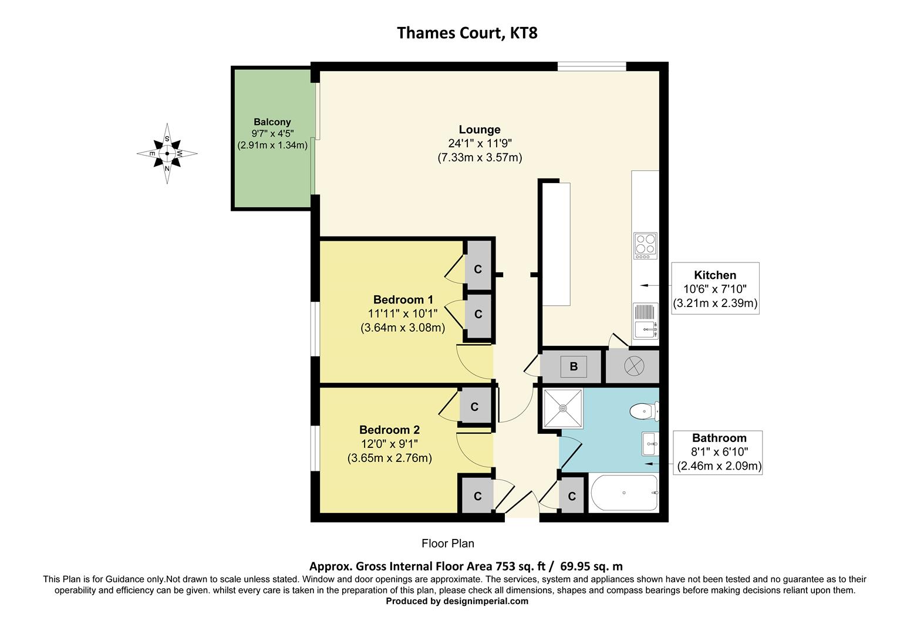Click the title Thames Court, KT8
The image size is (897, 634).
(467, 32)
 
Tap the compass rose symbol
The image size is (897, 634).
(167, 154)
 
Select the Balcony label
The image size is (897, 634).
(272, 122)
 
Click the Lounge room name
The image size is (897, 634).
(480, 130)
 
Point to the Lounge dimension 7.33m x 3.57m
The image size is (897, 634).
(480, 157)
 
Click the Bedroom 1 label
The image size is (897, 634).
(403, 299)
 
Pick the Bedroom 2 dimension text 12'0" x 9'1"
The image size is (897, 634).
(389, 444)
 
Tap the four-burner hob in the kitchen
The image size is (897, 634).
(645, 246)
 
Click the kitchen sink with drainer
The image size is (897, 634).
(646, 321)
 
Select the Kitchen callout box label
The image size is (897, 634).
(714, 275)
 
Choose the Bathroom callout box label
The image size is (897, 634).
(719, 438)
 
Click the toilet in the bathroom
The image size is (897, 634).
(644, 411)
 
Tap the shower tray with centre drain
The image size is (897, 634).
(563, 409)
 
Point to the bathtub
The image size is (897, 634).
(625, 493)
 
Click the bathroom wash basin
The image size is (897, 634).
(649, 444)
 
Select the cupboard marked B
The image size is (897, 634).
(573, 367)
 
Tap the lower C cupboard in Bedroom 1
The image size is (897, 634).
(478, 315)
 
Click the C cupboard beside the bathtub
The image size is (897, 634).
(572, 497)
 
